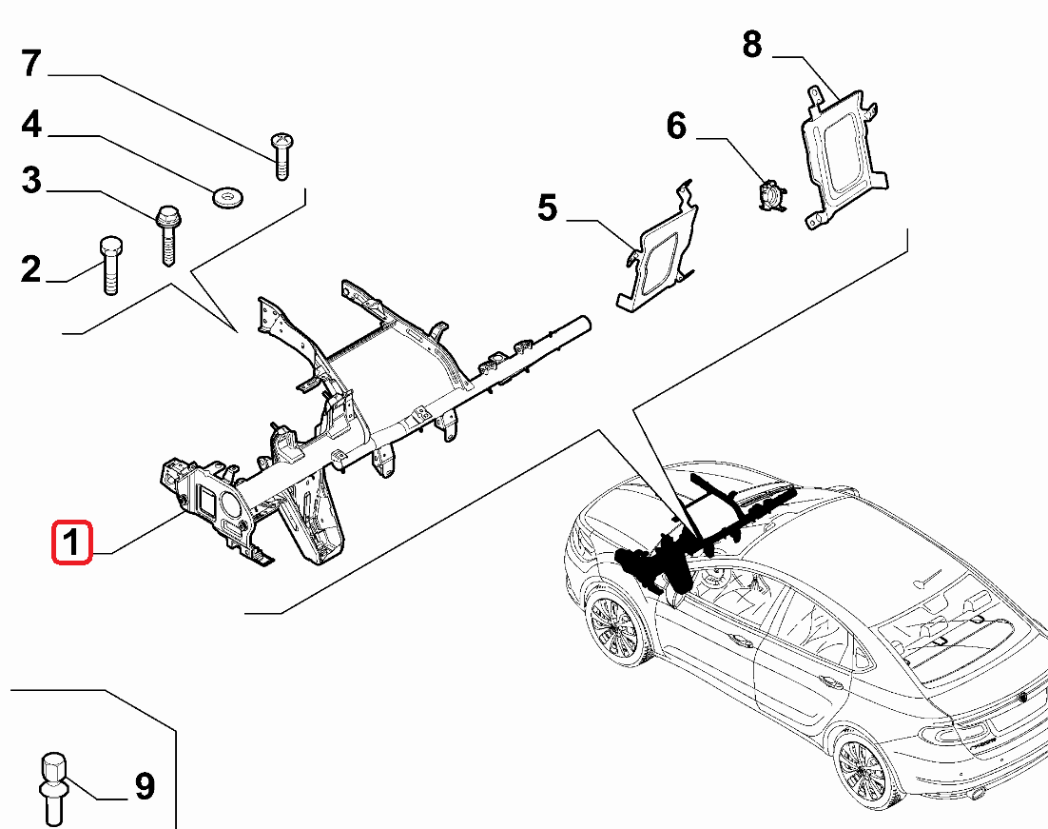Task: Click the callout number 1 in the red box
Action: click(x=71, y=543)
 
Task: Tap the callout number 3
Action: click(x=31, y=180)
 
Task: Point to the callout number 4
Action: click(x=31, y=125)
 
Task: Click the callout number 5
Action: click(x=547, y=207)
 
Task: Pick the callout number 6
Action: click(x=676, y=126)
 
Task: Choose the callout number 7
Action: click(x=31, y=64)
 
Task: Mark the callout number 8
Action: click(x=752, y=44)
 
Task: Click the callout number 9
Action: click(x=144, y=786)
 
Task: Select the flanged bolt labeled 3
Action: click(x=167, y=233)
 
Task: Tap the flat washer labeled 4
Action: click(x=226, y=197)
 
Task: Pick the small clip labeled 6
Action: click(x=770, y=195)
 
